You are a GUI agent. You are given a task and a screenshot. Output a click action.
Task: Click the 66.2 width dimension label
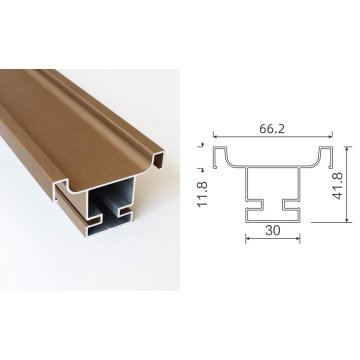(272, 129)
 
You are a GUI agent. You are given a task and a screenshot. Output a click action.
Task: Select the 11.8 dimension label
(203, 194)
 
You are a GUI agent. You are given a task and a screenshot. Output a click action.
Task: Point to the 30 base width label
(273, 230)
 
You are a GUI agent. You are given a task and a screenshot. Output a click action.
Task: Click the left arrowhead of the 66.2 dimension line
(215, 136)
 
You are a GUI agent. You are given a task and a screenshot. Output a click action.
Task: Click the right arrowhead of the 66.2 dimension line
(331, 136)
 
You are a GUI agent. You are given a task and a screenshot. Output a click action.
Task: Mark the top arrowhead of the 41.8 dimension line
(347, 148)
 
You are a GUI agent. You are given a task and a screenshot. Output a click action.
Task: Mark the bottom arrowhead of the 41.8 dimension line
(347, 220)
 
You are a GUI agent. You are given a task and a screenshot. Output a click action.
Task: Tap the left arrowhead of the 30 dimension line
(247, 238)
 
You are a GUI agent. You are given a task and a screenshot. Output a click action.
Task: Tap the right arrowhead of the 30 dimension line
(298, 238)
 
